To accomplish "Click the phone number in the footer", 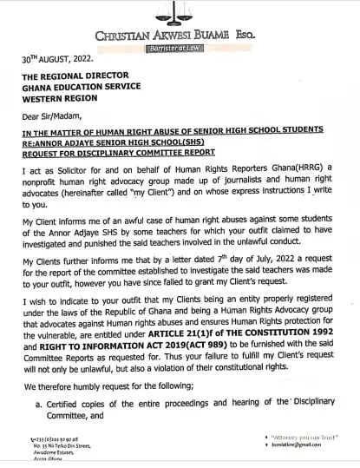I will coord(55,440).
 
